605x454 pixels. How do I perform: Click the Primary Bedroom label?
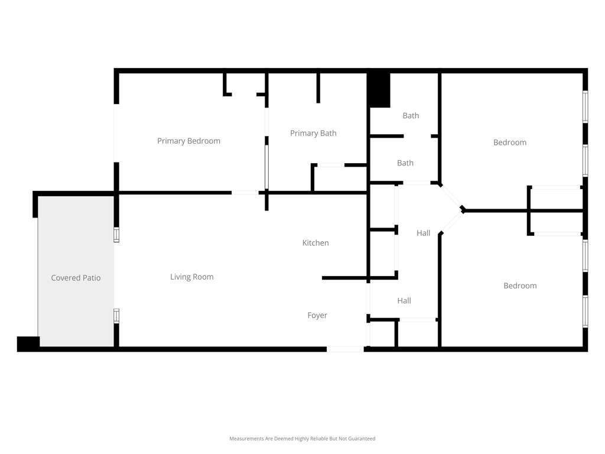pyautogui.click(x=188, y=141)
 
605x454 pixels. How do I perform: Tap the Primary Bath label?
pyautogui.click(x=313, y=133)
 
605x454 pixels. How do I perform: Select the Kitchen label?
pyautogui.click(x=315, y=243)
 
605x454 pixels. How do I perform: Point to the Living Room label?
pyautogui.click(x=192, y=277)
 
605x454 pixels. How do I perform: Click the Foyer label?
pyautogui.click(x=317, y=316)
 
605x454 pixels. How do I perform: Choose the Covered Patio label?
pyautogui.click(x=76, y=278)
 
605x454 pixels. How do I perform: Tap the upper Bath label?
pyautogui.click(x=411, y=115)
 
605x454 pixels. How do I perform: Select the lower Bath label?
pyautogui.click(x=405, y=163)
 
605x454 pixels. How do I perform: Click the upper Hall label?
pyautogui.click(x=423, y=233)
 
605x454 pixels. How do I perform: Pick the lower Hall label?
pyautogui.click(x=404, y=301)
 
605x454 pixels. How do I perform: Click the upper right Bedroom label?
pyautogui.click(x=510, y=142)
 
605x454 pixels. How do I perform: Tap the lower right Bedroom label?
pyautogui.click(x=520, y=286)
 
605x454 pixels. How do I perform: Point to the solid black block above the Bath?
pyautogui.click(x=379, y=90)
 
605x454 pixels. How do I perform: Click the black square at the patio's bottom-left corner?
pyautogui.click(x=28, y=343)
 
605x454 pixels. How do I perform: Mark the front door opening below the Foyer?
pyautogui.click(x=345, y=349)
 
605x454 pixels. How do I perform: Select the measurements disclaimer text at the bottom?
pyautogui.click(x=302, y=439)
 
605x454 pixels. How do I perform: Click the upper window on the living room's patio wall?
pyautogui.click(x=116, y=235)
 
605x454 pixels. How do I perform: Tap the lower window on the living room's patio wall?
pyautogui.click(x=116, y=316)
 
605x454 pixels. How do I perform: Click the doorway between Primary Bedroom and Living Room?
pyautogui.click(x=245, y=192)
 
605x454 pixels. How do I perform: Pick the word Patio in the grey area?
pyautogui.click(x=91, y=278)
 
